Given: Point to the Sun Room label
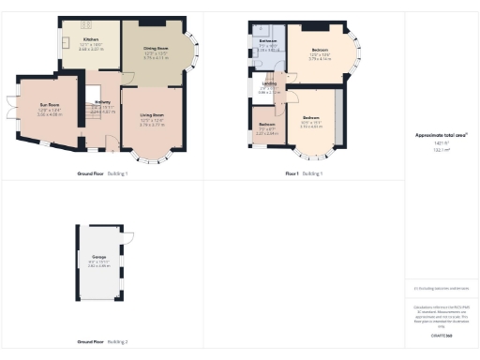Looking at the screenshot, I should (49, 107).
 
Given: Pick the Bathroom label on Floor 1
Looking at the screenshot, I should (267, 42).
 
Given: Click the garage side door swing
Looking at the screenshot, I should (127, 236).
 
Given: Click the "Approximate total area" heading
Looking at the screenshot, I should (442, 135).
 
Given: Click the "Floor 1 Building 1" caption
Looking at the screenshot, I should (304, 173).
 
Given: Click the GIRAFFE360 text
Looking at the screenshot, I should (442, 335).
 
